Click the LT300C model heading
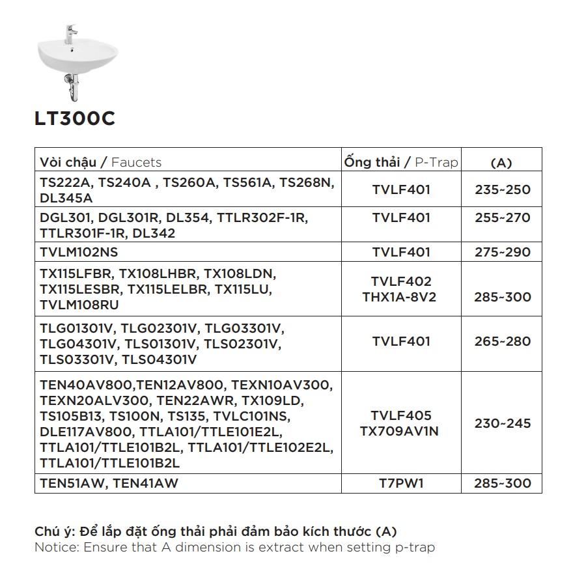[x=75, y=119]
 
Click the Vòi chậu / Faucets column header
[x=100, y=162]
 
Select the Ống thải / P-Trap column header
[x=400, y=161]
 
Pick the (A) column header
[x=500, y=163]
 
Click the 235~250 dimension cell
[x=503, y=190]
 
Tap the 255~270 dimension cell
[x=503, y=217]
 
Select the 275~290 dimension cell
[x=503, y=252]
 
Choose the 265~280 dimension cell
[x=503, y=341]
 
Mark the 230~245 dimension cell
[x=503, y=423]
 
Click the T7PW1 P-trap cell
[x=401, y=483]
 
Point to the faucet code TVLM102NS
[x=79, y=252]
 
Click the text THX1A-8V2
[x=400, y=297]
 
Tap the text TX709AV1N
[x=400, y=431]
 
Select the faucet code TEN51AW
[x=68, y=483]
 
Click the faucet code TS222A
[x=64, y=184]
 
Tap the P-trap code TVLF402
[x=401, y=281]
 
